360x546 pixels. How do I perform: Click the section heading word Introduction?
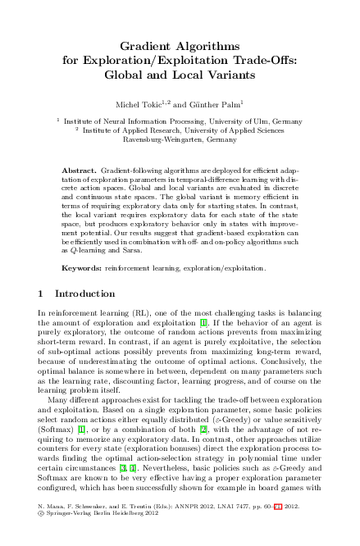[x=84, y=293]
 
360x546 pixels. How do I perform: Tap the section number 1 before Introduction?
[x=42, y=293]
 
